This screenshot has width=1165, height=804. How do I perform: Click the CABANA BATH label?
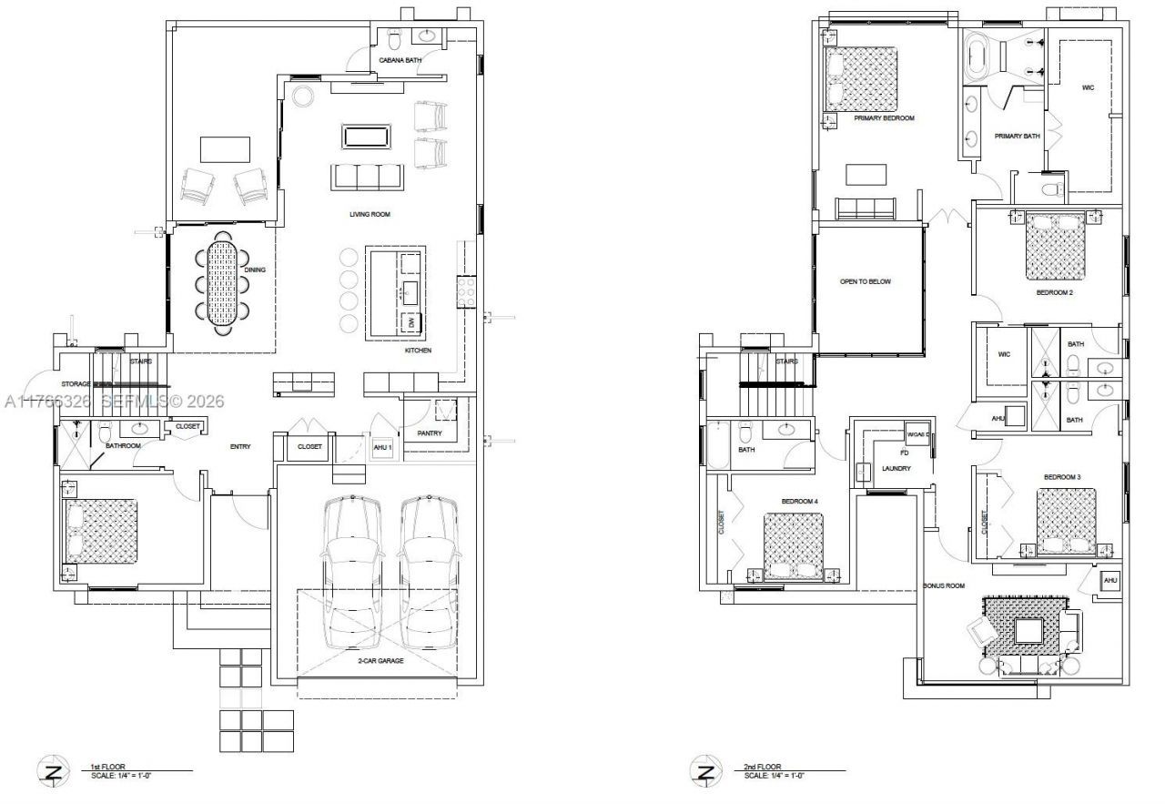[400, 61]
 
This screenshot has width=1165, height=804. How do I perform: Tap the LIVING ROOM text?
[370, 215]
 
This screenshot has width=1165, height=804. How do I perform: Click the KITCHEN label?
[419, 351]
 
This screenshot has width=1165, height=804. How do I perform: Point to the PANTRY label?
[430, 433]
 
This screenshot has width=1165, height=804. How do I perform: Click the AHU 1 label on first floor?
[382, 447]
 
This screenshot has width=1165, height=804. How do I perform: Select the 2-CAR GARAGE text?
[380, 660]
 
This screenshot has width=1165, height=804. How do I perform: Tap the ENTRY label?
[240, 446]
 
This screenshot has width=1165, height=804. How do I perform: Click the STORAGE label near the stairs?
[76, 384]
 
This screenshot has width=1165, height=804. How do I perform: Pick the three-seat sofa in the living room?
[367, 176]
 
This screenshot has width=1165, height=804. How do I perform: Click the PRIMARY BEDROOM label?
[884, 118]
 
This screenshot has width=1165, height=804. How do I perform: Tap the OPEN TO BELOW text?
[865, 281]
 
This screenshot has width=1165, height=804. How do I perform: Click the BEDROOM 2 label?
[1054, 293]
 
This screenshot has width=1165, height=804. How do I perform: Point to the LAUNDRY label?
[897, 469]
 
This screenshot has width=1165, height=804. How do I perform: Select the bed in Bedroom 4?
[793, 545]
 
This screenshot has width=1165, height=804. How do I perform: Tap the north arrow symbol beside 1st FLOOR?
[54, 772]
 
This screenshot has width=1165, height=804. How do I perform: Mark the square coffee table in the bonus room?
[1029, 632]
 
